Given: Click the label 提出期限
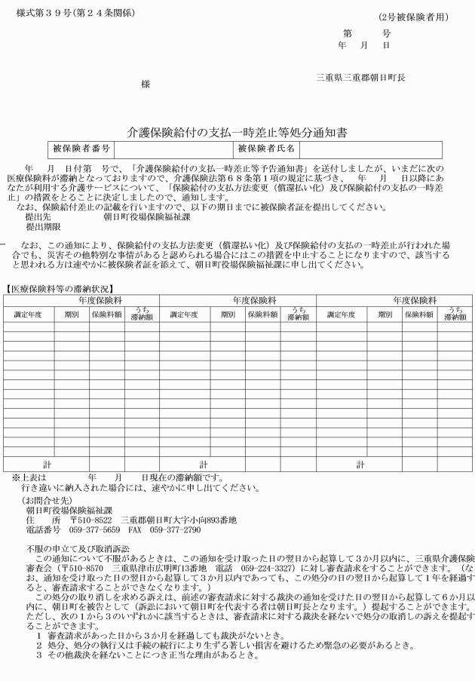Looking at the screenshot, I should (x=42, y=226).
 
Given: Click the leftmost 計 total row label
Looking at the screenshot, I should (x=45, y=465).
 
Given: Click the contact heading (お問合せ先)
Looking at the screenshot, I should (x=44, y=499).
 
